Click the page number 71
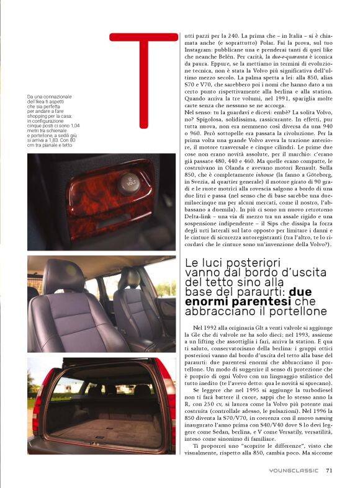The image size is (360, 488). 329,470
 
